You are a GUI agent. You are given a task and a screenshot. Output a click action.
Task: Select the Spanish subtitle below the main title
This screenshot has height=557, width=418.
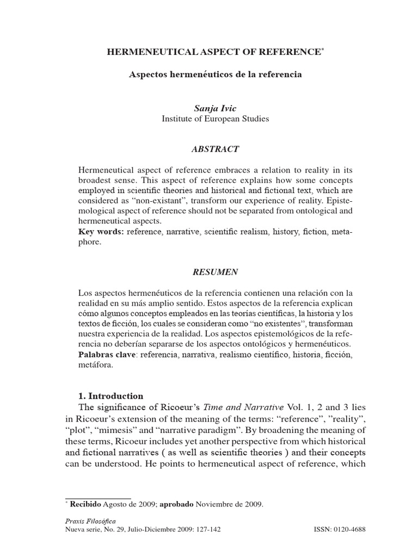point(215,75)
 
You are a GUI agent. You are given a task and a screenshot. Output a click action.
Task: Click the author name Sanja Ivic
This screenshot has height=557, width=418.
point(215,108)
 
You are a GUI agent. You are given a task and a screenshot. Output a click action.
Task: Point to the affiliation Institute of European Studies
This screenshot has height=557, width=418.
point(215,119)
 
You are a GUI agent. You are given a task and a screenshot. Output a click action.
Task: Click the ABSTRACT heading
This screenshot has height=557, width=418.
point(215,148)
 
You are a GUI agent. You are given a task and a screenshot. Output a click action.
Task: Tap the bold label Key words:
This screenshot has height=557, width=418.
point(101,232)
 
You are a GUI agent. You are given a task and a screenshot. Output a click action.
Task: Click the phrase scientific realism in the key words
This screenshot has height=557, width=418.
point(224,232)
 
